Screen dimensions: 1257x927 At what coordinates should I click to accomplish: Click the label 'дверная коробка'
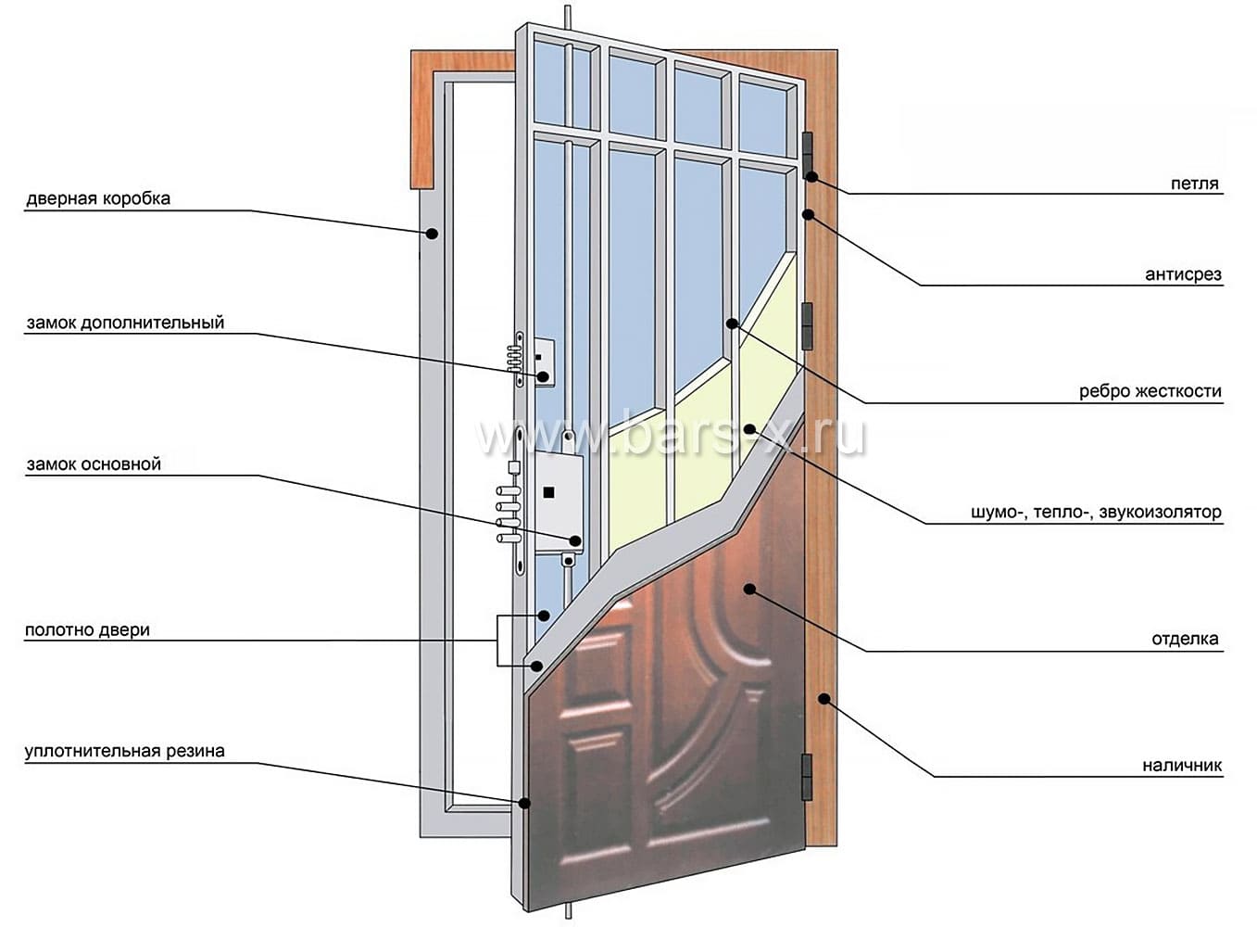(x=98, y=198)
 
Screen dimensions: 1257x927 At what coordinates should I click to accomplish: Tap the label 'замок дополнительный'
(x=125, y=323)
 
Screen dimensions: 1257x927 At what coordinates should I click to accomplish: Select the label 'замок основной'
(x=94, y=464)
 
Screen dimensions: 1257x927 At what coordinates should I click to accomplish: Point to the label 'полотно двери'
(x=87, y=630)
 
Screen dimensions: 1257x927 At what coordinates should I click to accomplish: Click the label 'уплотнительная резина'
(x=124, y=751)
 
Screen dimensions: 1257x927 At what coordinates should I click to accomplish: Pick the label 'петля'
(x=1195, y=184)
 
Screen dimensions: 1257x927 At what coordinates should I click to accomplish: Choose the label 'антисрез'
(x=1183, y=274)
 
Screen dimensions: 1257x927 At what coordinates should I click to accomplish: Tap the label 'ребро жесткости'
(x=1150, y=391)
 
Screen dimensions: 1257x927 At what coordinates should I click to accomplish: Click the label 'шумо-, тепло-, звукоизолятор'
(x=1096, y=512)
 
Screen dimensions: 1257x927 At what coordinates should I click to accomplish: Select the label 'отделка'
(x=1185, y=639)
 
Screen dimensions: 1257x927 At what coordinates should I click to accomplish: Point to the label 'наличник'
(x=1182, y=766)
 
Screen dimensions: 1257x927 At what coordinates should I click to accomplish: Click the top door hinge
(x=809, y=155)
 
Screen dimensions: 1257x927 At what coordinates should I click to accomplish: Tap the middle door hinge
(x=808, y=326)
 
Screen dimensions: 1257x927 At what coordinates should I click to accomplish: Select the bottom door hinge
(x=807, y=777)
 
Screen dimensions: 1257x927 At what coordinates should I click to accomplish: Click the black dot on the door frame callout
(x=432, y=234)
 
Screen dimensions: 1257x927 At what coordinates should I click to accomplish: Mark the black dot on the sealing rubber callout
(x=524, y=804)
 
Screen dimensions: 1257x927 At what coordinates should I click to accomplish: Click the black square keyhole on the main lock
(x=548, y=492)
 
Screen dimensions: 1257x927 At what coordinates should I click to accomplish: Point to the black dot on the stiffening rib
(x=732, y=324)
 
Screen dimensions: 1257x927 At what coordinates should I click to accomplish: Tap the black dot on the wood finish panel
(x=749, y=589)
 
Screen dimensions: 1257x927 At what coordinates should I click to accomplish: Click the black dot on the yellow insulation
(x=749, y=429)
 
